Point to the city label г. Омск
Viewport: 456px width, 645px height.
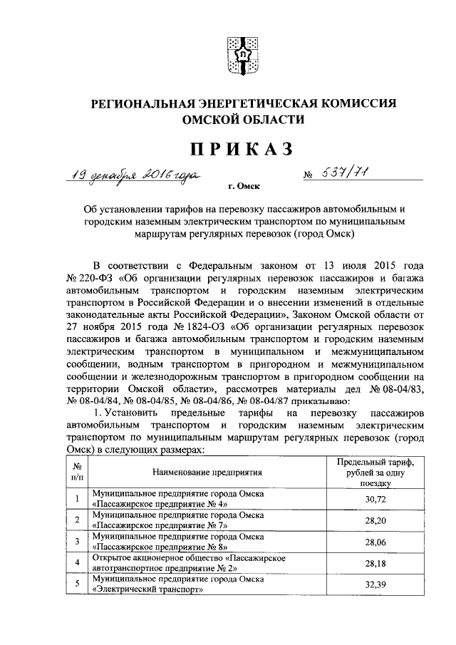(x=244, y=187)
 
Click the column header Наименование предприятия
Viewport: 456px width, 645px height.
(x=207, y=472)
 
